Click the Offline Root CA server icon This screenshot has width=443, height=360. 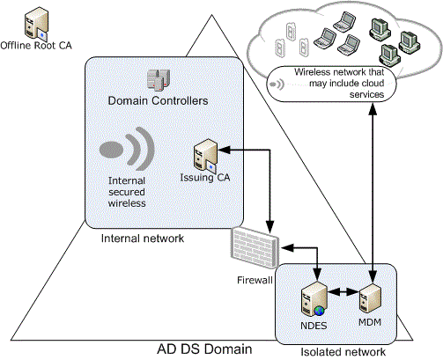tap(36, 23)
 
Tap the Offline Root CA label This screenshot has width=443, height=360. tap(36, 46)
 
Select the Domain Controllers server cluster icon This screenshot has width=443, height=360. tap(159, 79)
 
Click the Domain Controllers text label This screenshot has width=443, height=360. tap(158, 100)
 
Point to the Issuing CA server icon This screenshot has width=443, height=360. tap(205, 156)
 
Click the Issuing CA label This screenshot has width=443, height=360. tap(205, 178)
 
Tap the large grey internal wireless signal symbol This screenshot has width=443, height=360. tap(127, 149)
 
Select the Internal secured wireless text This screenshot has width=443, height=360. tap(127, 192)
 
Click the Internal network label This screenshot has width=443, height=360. tap(143, 239)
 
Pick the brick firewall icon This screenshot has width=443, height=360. tap(255, 248)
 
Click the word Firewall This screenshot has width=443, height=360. tap(255, 280)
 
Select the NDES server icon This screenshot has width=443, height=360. tap(314, 299)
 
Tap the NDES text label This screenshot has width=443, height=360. tap(314, 326)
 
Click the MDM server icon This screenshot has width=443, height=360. tap(370, 298)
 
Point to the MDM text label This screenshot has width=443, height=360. tap(370, 322)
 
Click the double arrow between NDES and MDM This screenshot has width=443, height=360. tap(343, 292)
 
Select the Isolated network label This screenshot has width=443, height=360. tap(343, 352)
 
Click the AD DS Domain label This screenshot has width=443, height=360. tap(204, 349)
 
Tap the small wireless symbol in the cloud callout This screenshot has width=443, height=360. tap(277, 84)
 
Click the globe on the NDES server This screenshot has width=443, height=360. tap(319, 311)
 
